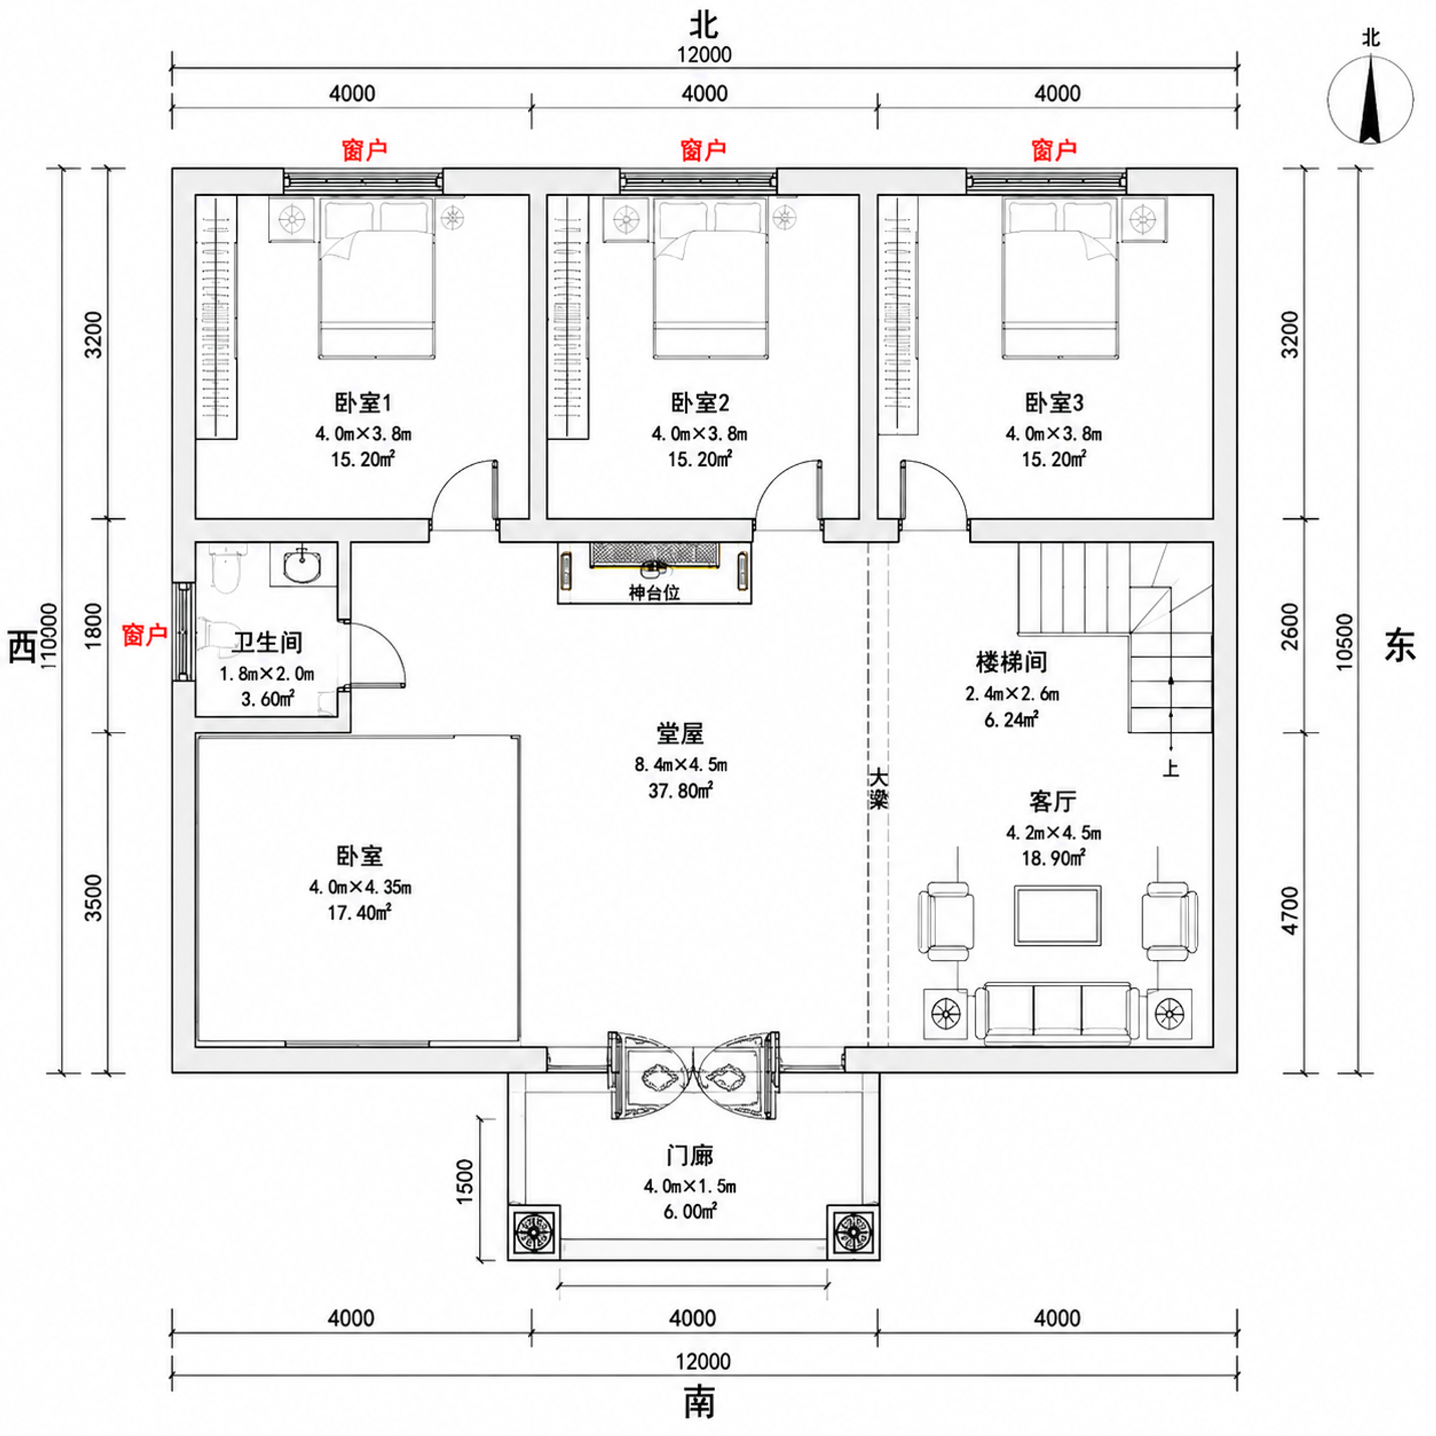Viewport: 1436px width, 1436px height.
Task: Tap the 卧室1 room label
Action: (363, 403)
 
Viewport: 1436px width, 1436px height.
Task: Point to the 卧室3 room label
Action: (1054, 403)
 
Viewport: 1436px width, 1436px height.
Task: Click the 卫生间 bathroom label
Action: (268, 642)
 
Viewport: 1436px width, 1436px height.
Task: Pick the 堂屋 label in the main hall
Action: (679, 733)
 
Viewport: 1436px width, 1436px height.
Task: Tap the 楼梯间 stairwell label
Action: (1012, 662)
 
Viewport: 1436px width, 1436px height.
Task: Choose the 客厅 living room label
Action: (1052, 801)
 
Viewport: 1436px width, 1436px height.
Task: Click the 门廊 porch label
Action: (690, 1156)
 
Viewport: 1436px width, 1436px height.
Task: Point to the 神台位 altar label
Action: (654, 592)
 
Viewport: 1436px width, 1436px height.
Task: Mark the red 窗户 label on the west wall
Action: (145, 635)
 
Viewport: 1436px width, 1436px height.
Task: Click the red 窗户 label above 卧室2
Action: (703, 150)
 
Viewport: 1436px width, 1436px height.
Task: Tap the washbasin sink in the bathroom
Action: (302, 565)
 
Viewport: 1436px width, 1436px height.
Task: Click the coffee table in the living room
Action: (1057, 915)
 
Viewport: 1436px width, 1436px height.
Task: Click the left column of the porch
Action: (534, 1231)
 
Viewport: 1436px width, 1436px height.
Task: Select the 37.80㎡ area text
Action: (681, 790)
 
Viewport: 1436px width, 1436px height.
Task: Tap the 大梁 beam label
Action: (879, 789)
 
